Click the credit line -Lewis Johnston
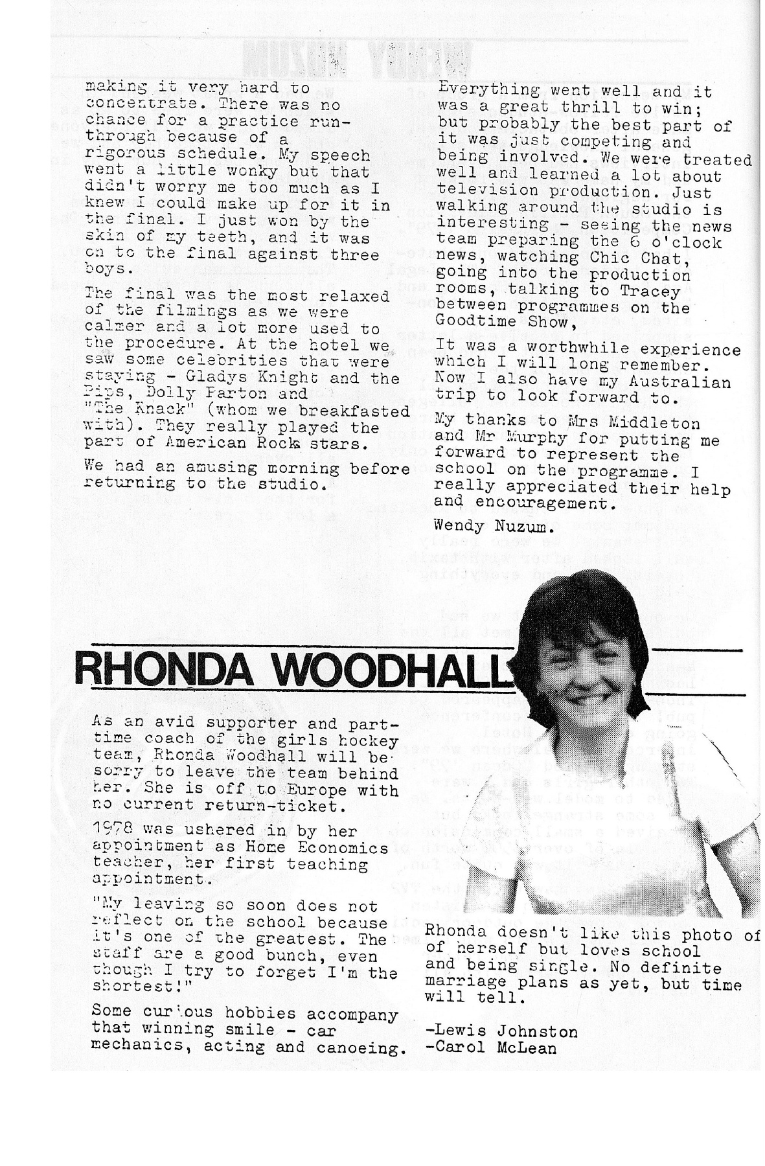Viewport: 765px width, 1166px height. click(501, 1031)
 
